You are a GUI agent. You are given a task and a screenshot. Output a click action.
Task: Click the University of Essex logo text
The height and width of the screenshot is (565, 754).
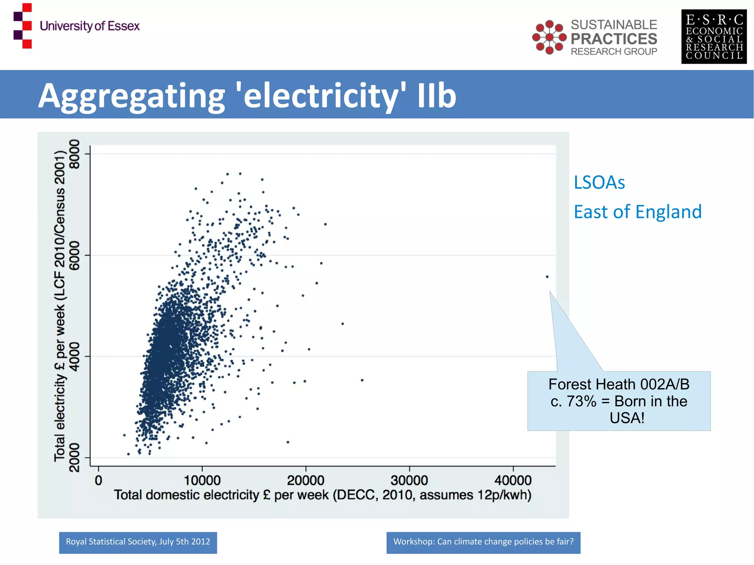(89, 26)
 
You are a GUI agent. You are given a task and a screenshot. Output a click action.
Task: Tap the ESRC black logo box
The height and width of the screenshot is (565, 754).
(714, 37)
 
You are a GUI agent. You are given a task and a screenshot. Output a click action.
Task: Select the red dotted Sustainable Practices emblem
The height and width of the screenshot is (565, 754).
(549, 37)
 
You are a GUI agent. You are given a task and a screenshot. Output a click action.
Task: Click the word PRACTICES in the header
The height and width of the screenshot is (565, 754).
(614, 39)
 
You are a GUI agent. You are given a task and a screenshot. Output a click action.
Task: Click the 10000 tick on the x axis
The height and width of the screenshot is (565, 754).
(202, 480)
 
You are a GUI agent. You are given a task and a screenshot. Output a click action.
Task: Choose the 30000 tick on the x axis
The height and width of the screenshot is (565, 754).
(409, 480)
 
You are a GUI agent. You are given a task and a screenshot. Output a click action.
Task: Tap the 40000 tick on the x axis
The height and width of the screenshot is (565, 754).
(513, 480)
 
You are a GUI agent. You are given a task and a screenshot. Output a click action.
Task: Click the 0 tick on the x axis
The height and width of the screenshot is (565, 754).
(98, 480)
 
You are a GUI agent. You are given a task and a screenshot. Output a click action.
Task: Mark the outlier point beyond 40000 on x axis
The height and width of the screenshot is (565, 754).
(547, 277)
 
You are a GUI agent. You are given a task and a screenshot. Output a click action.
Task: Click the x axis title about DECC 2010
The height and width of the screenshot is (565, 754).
(323, 495)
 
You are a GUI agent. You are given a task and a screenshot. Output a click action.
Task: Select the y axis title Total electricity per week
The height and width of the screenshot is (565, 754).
(60, 306)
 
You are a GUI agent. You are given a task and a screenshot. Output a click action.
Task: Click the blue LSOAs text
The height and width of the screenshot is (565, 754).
(599, 183)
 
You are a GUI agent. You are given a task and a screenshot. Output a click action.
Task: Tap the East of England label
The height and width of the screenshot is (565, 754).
(638, 212)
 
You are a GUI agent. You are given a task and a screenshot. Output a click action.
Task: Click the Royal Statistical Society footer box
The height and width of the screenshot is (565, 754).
(138, 542)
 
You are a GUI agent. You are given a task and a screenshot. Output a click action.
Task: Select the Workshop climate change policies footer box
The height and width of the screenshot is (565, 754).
(483, 542)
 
